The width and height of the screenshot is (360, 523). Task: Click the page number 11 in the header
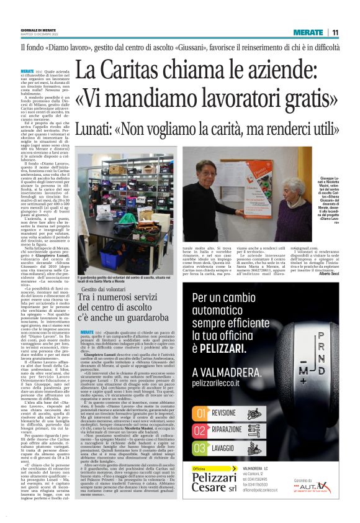click(x=335, y=32)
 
